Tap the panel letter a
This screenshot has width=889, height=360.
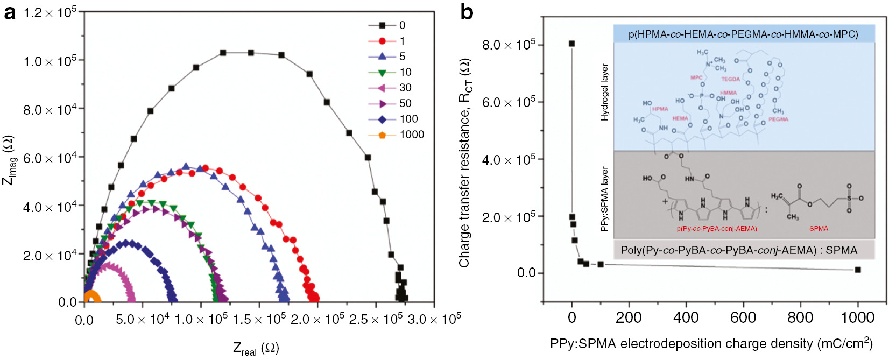10,12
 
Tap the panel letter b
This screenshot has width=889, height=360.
467,12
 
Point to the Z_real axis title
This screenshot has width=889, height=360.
256,349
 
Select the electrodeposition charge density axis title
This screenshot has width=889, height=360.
710,343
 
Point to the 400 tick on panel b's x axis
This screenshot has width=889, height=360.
686,317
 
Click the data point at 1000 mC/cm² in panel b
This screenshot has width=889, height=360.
858,270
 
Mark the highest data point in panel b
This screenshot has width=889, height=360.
571,44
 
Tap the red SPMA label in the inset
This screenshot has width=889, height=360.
819,229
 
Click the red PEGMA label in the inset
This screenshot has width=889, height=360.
778,119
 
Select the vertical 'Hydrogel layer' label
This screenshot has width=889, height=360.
605,92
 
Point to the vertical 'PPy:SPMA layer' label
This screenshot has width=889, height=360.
605,199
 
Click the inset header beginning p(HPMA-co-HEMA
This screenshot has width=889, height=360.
743,34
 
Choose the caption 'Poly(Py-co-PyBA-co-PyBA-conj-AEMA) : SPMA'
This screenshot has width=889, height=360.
739,250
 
